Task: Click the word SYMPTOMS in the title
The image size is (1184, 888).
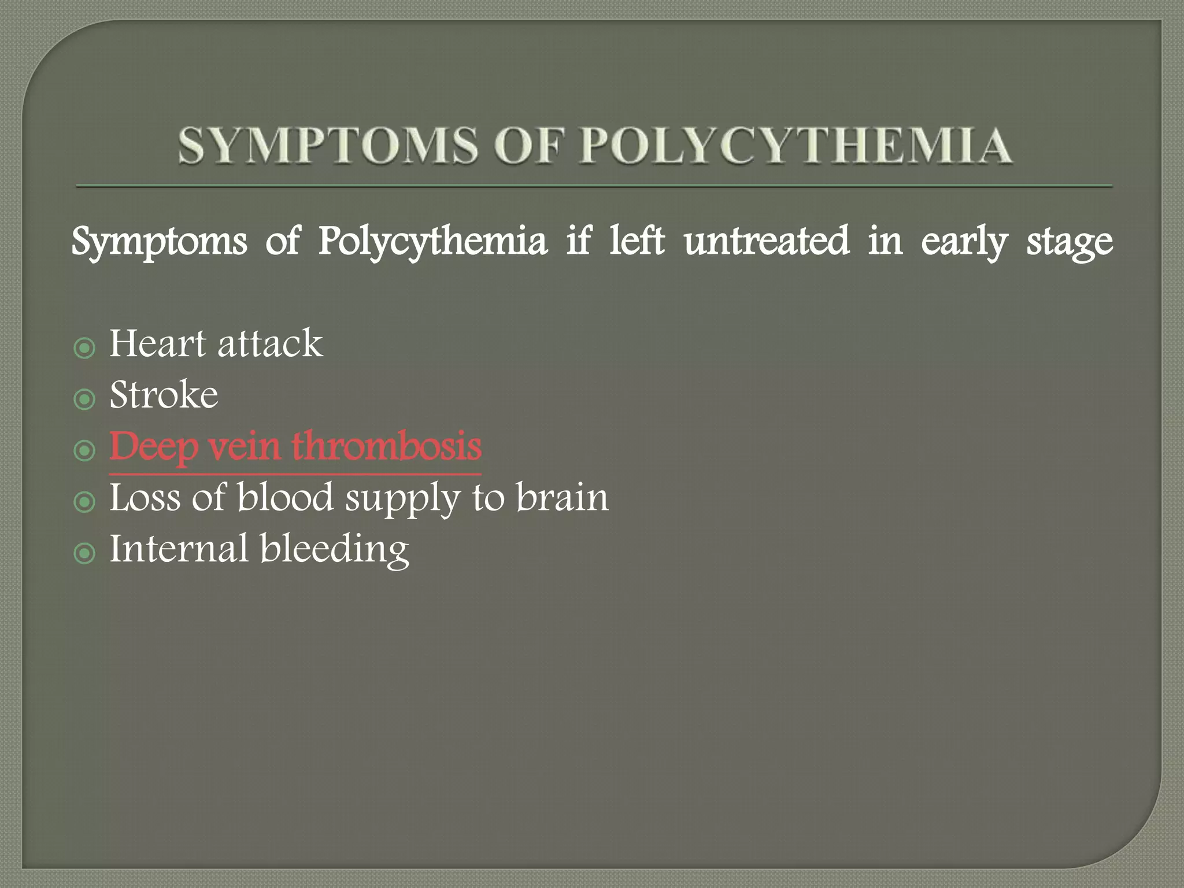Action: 328,145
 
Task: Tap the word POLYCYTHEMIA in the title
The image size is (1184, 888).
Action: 796,145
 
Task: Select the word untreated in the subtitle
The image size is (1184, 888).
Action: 767,241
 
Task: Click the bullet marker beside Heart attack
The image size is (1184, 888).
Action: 84,348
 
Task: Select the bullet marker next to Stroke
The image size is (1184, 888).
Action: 84,399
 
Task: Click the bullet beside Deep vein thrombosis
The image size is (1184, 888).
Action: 84,450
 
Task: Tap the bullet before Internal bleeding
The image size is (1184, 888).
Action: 84,553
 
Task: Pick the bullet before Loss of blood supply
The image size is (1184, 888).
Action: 84,501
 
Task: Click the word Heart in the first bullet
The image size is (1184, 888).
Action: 157,343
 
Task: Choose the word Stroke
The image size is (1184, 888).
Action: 164,395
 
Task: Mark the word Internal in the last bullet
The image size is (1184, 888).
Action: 179,549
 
